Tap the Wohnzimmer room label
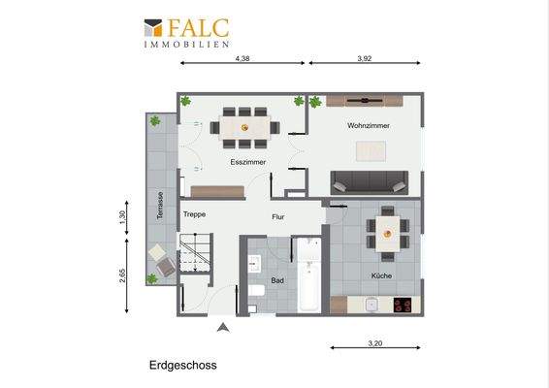[x=367, y=127]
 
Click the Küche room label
[x=381, y=276]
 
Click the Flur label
[x=277, y=218]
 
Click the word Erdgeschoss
[x=183, y=366]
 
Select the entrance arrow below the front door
[x=223, y=329]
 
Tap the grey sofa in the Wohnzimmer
[x=370, y=180]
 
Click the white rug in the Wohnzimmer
[x=371, y=150]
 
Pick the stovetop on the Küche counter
[x=402, y=305]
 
